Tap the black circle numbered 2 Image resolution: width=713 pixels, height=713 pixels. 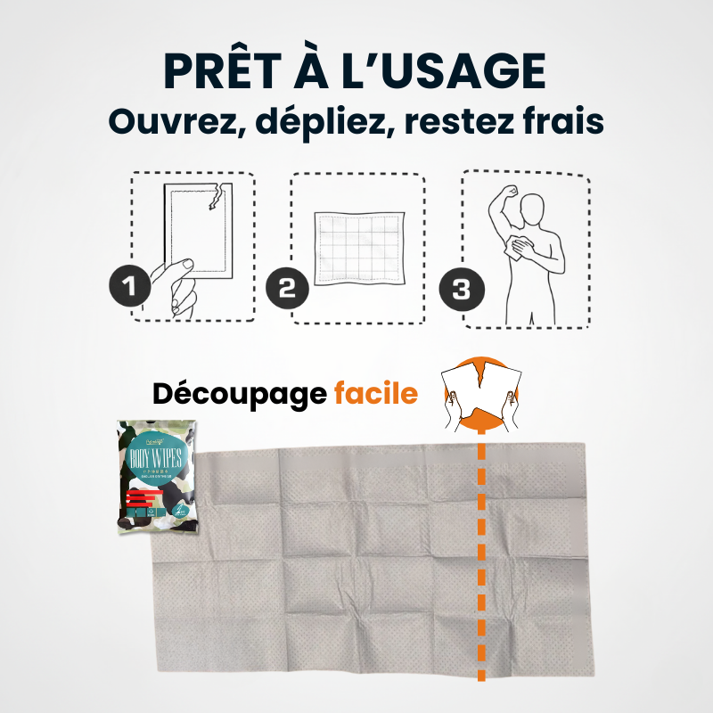point(288,290)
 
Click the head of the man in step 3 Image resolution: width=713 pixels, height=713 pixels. point(533,209)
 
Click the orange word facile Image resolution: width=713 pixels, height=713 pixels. point(375,393)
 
